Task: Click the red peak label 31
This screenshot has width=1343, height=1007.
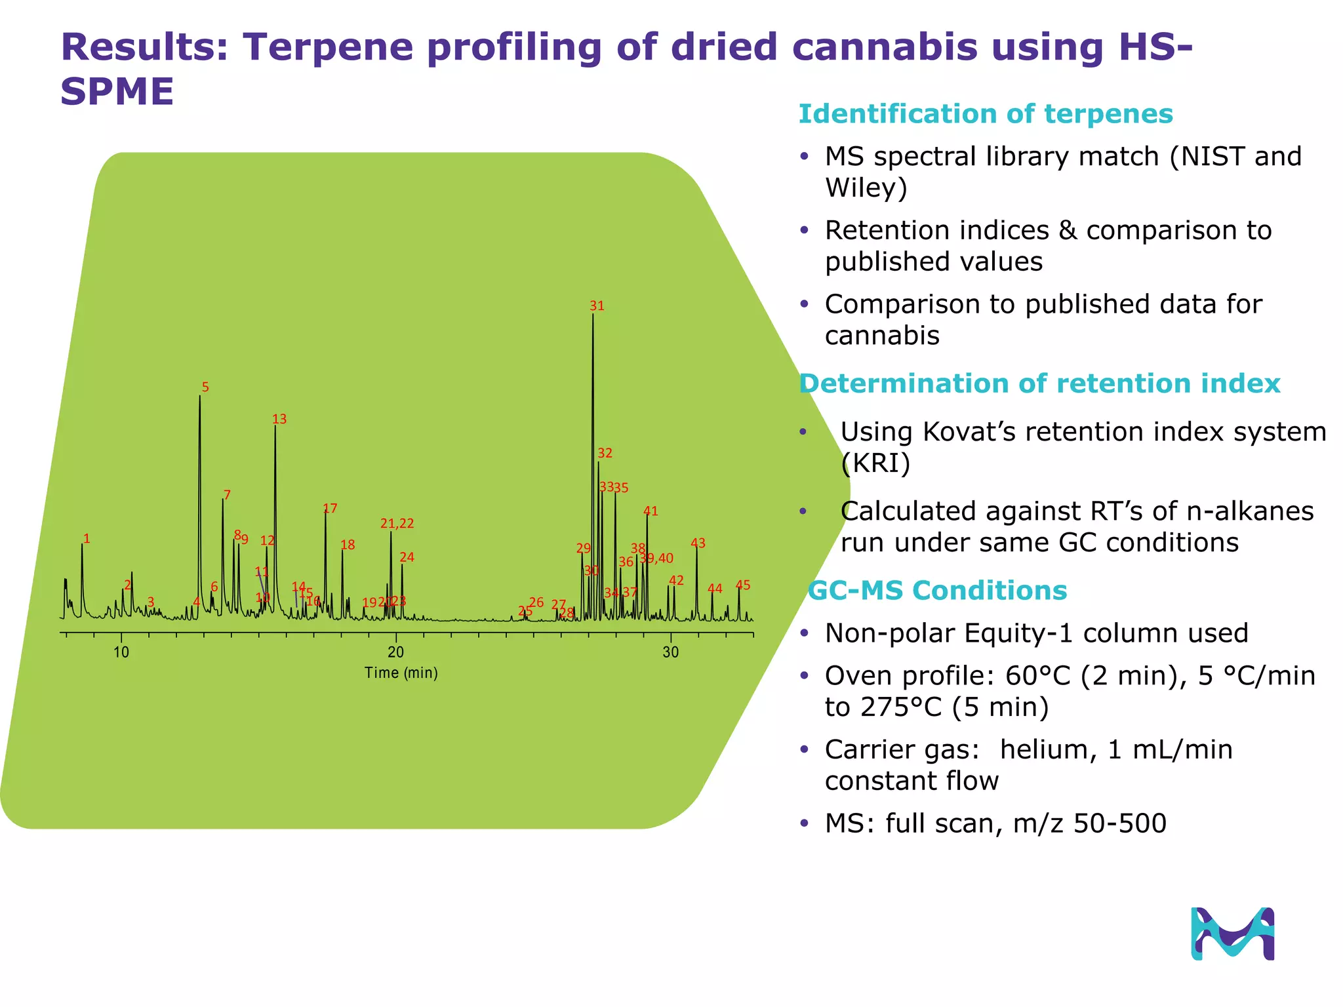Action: coord(596,306)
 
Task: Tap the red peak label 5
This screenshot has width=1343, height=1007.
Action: coord(205,387)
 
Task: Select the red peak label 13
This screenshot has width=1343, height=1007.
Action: coord(279,419)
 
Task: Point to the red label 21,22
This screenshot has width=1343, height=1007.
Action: coord(397,524)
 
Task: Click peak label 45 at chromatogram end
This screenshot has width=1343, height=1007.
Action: coord(742,585)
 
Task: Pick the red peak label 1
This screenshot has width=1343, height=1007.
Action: coord(87,540)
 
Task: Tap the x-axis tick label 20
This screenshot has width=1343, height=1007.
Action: coord(395,652)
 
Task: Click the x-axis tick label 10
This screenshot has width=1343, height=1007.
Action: coord(121,652)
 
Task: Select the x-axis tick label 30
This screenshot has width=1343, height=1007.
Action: coord(670,652)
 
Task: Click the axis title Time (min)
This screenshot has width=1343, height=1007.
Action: coord(401,673)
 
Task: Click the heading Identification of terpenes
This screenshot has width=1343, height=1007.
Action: coord(985,114)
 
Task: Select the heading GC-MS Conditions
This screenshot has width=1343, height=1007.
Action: coord(937,591)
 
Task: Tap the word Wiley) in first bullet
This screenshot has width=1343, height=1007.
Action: coord(866,188)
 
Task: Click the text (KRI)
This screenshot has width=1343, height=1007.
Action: coord(875,464)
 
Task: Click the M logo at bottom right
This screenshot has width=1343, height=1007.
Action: coord(1232,934)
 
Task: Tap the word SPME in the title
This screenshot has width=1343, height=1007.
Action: coord(117,91)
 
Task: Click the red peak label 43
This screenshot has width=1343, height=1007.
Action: coord(698,543)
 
